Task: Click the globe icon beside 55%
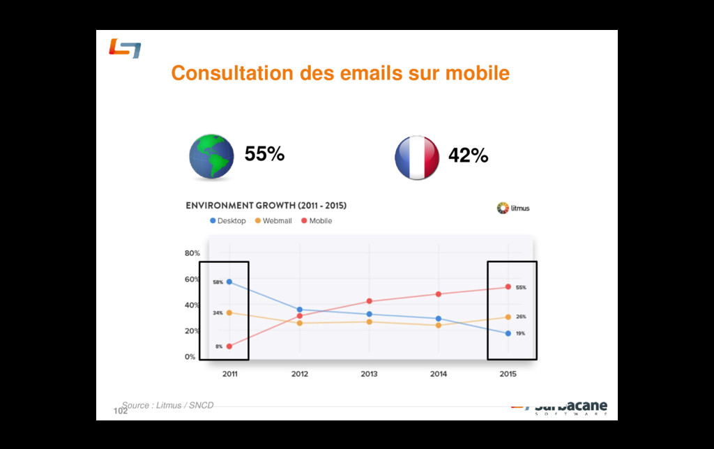point(212,158)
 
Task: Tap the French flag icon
point(417,158)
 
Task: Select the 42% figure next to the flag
point(468,156)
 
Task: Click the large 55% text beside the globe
point(264,154)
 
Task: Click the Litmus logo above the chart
point(513,208)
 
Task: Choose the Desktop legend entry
point(228,221)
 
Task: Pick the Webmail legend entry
point(273,221)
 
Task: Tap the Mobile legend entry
point(317,221)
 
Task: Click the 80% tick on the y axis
point(192,253)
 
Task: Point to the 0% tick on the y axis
point(190,356)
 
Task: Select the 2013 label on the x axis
point(369,374)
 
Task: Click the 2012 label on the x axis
point(300,374)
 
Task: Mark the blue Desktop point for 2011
point(229,282)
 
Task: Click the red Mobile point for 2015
point(508,287)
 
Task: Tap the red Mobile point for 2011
point(229,346)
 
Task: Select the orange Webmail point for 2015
point(508,317)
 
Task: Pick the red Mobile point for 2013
point(369,301)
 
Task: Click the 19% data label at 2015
point(521,334)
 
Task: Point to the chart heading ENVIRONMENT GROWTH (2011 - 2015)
point(266,206)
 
